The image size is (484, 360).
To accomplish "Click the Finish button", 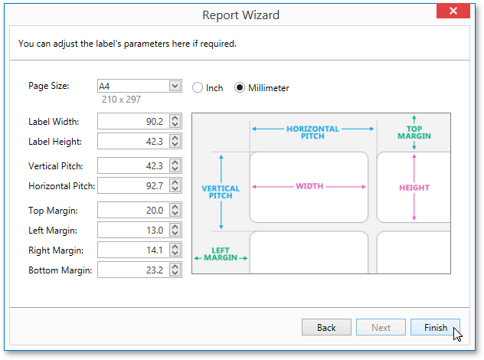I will pyautogui.click(x=435, y=328).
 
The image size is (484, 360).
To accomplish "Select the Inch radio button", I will pyautogui.click(x=198, y=88).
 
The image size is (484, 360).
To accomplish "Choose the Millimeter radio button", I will pyautogui.click(x=240, y=88).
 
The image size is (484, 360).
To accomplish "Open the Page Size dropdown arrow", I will pyautogui.click(x=175, y=86).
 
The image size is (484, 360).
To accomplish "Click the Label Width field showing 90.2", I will pyautogui.click(x=132, y=121).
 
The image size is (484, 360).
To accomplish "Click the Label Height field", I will pyautogui.click(x=132, y=141).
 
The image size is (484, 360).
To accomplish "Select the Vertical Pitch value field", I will pyautogui.click(x=132, y=165).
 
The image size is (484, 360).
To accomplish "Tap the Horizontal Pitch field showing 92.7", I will pyautogui.click(x=132, y=185).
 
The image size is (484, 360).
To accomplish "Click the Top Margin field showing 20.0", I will pyautogui.click(x=132, y=210).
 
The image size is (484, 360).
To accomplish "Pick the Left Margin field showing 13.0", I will pyautogui.click(x=132, y=230).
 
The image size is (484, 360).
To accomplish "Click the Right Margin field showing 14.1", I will pyautogui.click(x=132, y=250).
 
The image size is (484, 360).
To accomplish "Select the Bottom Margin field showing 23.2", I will pyautogui.click(x=132, y=270).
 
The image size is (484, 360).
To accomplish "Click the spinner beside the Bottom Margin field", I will pyautogui.click(x=175, y=270).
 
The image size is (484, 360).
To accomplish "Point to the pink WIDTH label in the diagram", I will pyautogui.click(x=309, y=186).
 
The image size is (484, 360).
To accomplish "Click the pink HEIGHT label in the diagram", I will pyautogui.click(x=414, y=187).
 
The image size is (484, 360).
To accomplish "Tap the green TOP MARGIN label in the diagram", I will pyautogui.click(x=414, y=133).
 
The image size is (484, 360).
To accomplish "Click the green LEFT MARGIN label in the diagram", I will pyautogui.click(x=221, y=254).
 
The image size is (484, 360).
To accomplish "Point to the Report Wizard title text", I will pyautogui.click(x=240, y=15).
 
